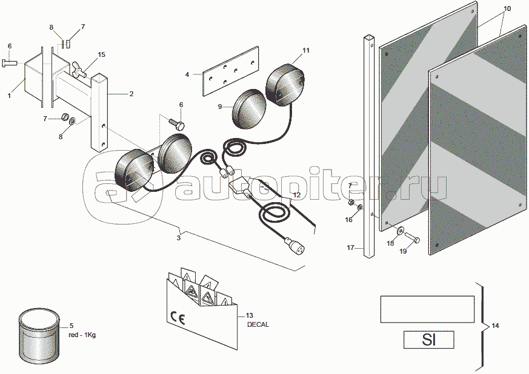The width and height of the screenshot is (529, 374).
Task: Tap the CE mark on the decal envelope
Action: coord(178,317)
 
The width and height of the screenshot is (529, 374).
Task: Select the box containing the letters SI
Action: coord(428,340)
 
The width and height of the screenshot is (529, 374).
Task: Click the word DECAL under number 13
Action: coord(258,324)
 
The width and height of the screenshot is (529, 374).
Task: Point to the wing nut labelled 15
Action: coord(78,68)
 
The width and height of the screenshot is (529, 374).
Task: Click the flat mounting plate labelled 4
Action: coord(231,71)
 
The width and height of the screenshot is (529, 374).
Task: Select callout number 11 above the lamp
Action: coord(305,51)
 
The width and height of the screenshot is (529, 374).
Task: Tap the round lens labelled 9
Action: coord(249,108)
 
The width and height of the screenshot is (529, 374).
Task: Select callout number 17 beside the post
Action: coord(350,248)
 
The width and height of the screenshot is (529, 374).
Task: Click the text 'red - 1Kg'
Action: coord(82,335)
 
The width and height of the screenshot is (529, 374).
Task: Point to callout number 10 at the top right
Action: coord(507,8)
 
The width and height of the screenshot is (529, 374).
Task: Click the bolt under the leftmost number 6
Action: coord(10,62)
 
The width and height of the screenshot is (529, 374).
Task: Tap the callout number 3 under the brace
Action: coord(179,238)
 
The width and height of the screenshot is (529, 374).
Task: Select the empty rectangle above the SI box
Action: coord(427,309)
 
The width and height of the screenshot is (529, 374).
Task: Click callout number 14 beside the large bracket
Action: coord(495,326)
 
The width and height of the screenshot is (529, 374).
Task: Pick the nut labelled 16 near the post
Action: coord(361,206)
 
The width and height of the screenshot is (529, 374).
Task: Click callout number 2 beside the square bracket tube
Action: coord(131,94)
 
